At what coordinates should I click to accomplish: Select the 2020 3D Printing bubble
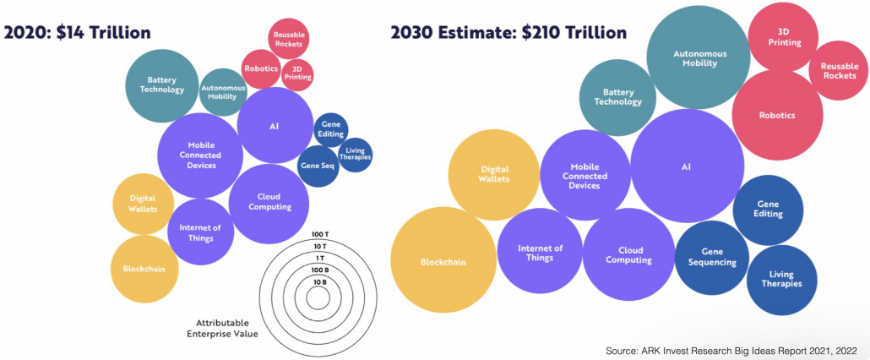coord(296,73)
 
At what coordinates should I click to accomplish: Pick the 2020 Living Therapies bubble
coord(354,153)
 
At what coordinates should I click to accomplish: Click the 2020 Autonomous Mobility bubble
coord(222,91)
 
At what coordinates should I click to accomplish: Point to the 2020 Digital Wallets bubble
coord(142,204)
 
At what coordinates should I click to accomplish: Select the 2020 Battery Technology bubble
coord(161,85)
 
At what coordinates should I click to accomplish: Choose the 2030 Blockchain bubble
coord(443,261)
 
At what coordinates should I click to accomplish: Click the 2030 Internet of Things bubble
coord(541,253)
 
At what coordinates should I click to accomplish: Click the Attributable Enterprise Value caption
coord(222,328)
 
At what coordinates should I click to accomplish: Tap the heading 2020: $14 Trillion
coord(78,33)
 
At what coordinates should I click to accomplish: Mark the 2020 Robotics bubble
coord(261,68)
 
